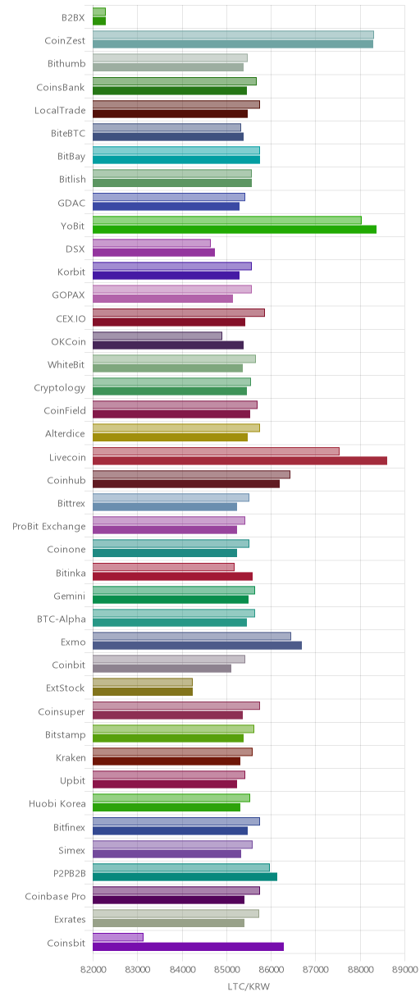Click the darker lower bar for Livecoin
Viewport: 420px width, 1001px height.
240,461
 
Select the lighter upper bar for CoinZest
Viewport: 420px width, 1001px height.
233,34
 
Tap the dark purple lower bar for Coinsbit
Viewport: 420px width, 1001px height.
188,947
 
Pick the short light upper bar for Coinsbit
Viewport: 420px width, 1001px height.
118,937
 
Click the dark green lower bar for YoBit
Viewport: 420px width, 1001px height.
235,229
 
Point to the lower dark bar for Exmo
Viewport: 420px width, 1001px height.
197,645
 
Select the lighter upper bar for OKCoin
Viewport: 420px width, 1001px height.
157,336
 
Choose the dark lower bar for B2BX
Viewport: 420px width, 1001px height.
99,21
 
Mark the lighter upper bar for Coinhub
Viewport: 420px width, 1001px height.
191,474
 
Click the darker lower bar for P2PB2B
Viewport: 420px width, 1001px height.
185,877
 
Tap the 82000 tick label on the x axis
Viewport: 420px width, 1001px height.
93,969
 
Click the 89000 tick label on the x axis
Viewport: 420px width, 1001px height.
404,969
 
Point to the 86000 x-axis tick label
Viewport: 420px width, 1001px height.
271,969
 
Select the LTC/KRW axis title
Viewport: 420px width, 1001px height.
249,986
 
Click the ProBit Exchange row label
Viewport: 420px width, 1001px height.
48,527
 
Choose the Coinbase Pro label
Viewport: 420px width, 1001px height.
55,896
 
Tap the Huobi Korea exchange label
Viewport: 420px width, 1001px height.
57,803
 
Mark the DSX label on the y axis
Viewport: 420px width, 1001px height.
75,249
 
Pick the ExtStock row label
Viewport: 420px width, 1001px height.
66,688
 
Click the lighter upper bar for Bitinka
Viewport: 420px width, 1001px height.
163,567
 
